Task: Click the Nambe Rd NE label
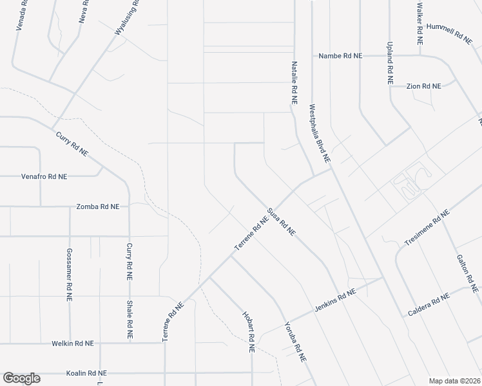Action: pos(340,56)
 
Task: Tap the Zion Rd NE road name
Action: pos(423,86)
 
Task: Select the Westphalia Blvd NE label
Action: pos(320,133)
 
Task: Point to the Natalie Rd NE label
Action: pos(294,83)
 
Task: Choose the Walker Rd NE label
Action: pos(419,23)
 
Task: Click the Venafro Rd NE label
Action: pos(44,176)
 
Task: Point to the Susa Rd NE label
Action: pos(281,221)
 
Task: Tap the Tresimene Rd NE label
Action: pos(426,229)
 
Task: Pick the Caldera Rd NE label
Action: pos(428,305)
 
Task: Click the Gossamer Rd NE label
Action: pos(68,275)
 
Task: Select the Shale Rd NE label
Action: pos(130,320)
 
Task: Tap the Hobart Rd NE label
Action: pos(248,332)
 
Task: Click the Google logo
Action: pos(21,378)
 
